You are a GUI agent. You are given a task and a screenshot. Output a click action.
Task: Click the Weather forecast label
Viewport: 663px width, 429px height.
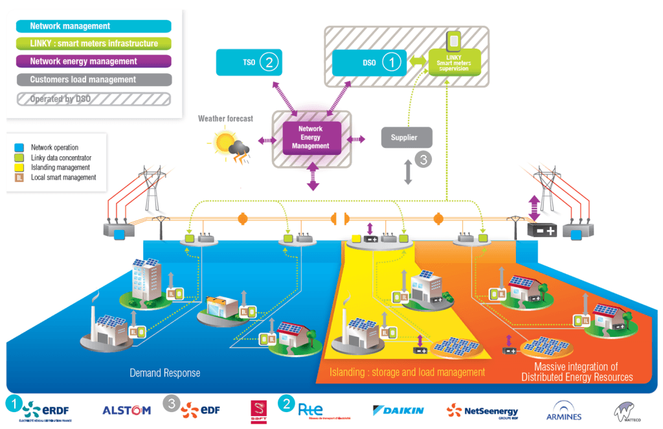click(225, 119)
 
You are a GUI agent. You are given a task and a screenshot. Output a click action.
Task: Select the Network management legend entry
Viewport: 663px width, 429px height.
click(94, 27)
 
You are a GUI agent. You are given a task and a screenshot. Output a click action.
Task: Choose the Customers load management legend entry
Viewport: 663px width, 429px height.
click(94, 80)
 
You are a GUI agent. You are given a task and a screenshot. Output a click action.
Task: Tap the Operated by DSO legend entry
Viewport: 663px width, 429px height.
click(94, 99)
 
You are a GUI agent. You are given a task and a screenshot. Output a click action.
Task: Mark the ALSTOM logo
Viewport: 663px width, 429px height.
click(126, 410)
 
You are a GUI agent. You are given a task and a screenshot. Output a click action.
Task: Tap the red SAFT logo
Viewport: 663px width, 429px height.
click(258, 411)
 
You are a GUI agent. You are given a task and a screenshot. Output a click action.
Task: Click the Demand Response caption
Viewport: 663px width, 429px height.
click(165, 373)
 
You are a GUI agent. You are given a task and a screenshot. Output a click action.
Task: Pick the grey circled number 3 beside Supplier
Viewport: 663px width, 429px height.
click(422, 160)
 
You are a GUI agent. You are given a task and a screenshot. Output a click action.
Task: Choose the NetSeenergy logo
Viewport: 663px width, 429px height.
click(481, 410)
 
